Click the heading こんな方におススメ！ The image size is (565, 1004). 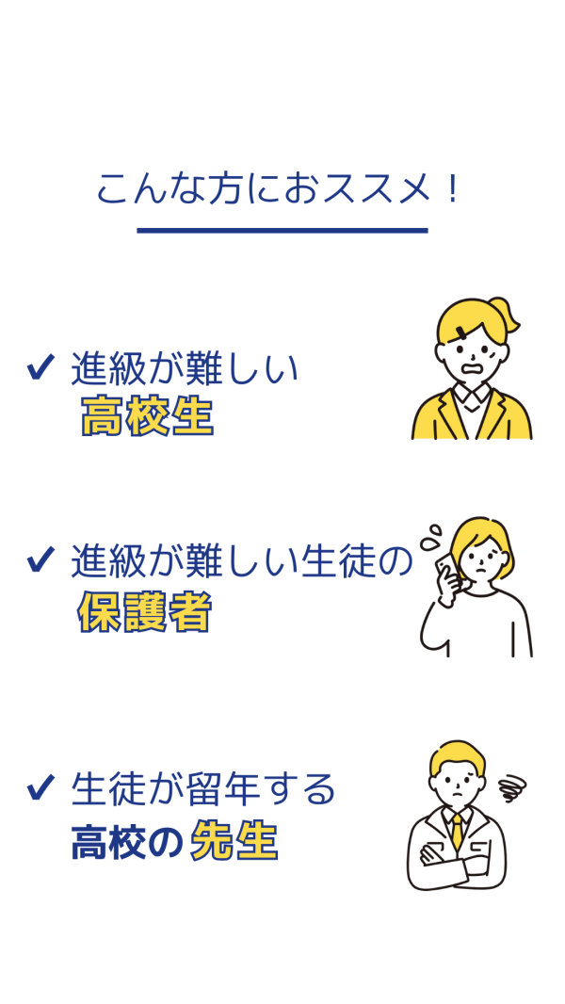click(x=279, y=189)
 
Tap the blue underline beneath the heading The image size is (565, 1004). click(x=282, y=231)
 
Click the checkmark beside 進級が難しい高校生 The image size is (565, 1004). click(x=40, y=368)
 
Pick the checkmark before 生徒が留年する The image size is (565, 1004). click(x=40, y=787)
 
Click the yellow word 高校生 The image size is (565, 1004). click(x=147, y=416)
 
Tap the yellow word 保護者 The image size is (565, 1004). click(x=144, y=613)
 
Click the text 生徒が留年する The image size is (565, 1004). click(x=203, y=789)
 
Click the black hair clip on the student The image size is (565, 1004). click(x=462, y=331)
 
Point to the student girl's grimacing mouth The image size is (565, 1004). click(x=474, y=369)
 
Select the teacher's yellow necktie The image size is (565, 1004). click(x=457, y=831)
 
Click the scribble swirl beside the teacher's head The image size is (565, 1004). click(x=512, y=785)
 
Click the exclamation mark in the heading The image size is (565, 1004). click(x=454, y=189)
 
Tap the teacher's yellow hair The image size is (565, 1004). click(x=457, y=754)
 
